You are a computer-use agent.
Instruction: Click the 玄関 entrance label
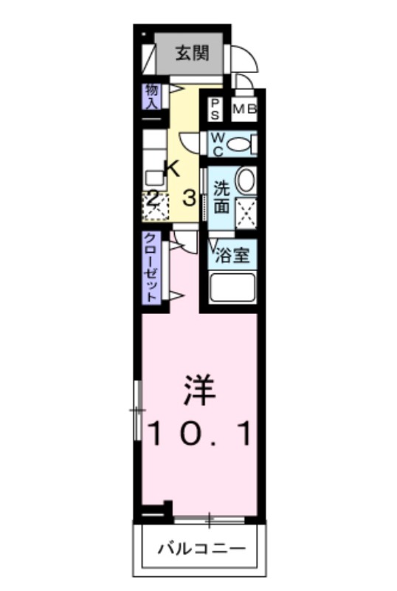point(191,53)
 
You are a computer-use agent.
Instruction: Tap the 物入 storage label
point(152,96)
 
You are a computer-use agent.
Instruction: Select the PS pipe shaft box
point(215,109)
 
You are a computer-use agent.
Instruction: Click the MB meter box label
point(244,109)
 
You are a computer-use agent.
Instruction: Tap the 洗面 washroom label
point(221,196)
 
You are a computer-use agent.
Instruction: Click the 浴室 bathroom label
point(232,256)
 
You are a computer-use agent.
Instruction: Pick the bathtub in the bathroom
point(232,287)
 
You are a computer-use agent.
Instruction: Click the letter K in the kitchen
point(171,168)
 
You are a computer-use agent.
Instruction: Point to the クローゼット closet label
point(151,268)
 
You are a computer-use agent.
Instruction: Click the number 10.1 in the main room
point(199,433)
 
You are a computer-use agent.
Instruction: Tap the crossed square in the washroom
point(245,212)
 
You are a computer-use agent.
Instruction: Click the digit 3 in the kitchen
point(189,197)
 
